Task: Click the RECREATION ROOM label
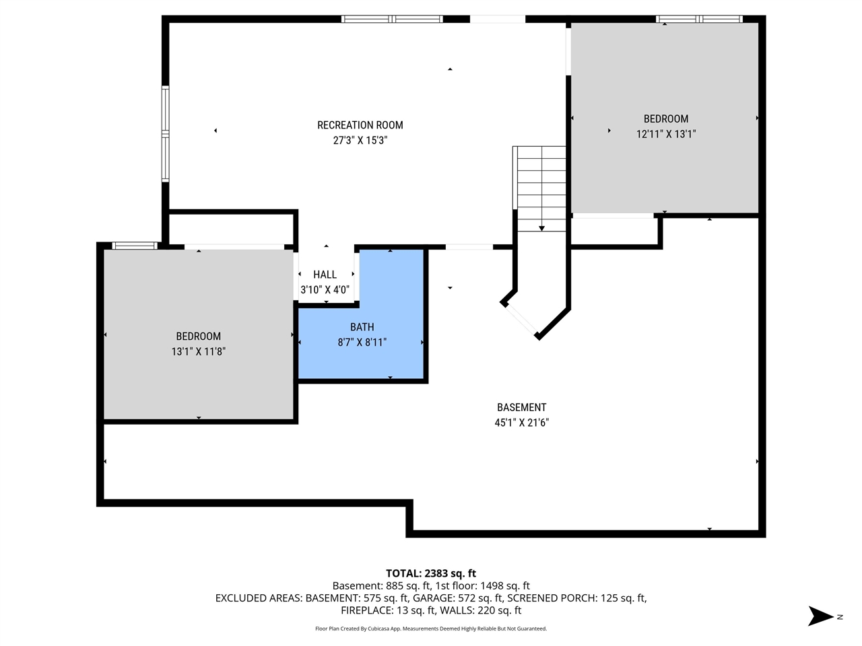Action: [360, 125]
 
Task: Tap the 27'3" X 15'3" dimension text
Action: [360, 141]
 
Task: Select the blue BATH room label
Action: [362, 327]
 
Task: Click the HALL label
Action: [325, 275]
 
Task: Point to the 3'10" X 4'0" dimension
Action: [325, 290]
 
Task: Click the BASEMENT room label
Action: [521, 407]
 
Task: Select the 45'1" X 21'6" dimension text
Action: [521, 423]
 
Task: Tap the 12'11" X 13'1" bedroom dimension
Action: [665, 134]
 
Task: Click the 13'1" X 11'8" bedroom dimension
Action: [198, 351]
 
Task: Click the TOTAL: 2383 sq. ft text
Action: [431, 573]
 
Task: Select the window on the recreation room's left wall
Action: [165, 133]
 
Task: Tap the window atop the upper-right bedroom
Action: [699, 19]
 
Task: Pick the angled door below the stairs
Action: [521, 319]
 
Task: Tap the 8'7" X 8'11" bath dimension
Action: [362, 343]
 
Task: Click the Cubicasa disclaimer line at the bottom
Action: [431, 629]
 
